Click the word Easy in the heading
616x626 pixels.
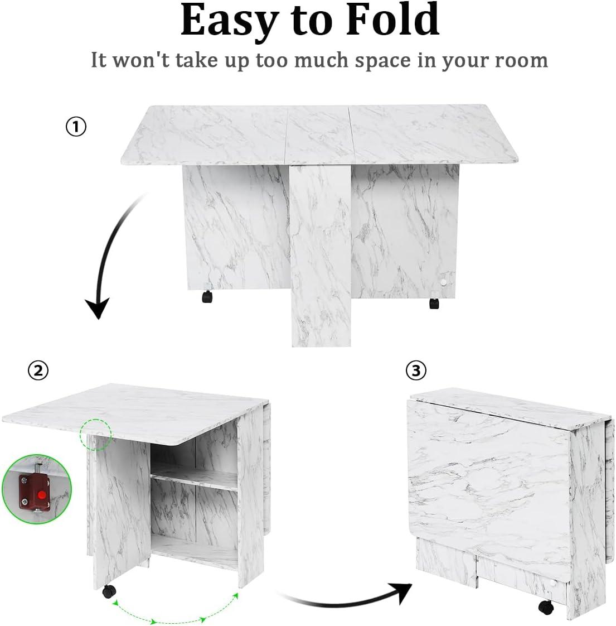(229, 20)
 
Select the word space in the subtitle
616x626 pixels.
(382, 61)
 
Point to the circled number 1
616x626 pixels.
(76, 127)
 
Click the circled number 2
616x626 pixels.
(38, 370)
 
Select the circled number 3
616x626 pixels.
(416, 370)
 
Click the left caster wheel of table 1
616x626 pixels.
(207, 297)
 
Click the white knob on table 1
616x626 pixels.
(444, 282)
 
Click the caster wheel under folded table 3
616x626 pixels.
(546, 607)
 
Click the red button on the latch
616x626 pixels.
(41, 495)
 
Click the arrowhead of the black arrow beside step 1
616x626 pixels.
(98, 309)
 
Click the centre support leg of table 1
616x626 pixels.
(321, 256)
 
